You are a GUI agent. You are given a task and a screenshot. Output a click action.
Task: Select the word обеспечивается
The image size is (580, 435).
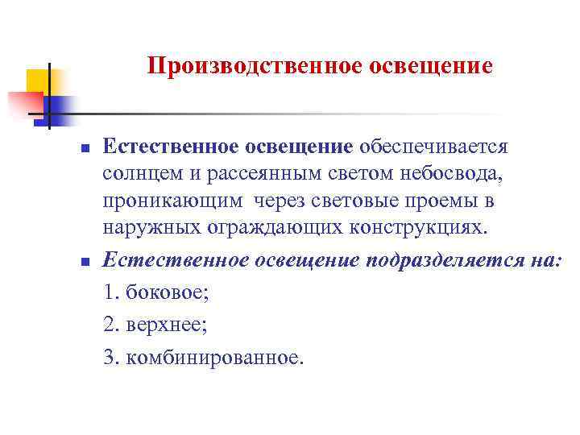[x=433, y=147]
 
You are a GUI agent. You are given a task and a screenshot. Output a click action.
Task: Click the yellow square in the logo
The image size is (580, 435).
[x=40, y=81]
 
